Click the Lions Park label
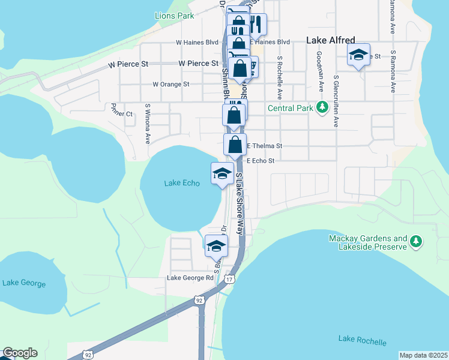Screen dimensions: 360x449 click(174, 16)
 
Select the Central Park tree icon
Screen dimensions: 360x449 click(322, 108)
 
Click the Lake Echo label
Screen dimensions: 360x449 click(181, 183)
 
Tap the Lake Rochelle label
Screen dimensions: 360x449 click(363, 340)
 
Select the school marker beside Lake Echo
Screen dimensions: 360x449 click(222, 173)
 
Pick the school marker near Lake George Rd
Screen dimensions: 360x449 click(217, 245)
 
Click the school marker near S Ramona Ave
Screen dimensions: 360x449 click(358, 55)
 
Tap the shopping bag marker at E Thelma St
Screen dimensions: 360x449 click(235, 145)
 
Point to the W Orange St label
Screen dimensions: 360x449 click(171, 85)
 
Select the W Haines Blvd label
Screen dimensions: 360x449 click(197, 43)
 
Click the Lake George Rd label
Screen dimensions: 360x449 click(190, 278)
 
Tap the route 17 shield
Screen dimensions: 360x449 click(228, 280)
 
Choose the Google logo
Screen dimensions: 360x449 click(20, 353)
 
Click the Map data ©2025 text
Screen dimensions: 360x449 click(423, 355)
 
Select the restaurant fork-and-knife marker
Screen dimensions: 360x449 click(257, 24)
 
